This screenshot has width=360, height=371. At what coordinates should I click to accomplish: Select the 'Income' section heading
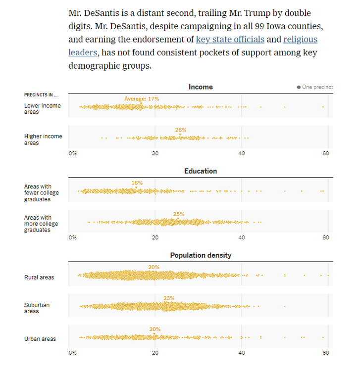(201, 87)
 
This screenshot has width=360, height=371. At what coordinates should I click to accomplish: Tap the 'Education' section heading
(201, 171)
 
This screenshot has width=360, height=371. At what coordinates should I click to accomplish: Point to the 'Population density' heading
(201, 255)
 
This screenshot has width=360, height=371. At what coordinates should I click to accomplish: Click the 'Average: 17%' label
(142, 99)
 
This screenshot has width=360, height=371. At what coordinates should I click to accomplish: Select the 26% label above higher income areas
(181, 130)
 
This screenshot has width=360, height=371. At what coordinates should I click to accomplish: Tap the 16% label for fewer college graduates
(137, 183)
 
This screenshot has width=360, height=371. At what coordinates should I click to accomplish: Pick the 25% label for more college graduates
(179, 214)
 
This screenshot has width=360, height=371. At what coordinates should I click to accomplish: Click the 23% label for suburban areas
(169, 298)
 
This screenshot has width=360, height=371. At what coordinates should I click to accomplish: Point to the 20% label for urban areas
(155, 329)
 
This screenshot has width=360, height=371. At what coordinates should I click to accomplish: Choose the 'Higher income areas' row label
(43, 139)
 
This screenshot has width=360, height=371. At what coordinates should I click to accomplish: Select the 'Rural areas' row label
(39, 278)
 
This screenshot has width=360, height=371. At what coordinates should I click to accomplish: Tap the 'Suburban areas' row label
(37, 308)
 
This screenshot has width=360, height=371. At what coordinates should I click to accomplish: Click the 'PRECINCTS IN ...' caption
(41, 94)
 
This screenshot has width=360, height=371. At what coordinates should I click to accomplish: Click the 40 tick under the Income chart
(242, 153)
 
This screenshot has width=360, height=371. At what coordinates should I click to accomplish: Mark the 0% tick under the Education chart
(73, 237)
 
